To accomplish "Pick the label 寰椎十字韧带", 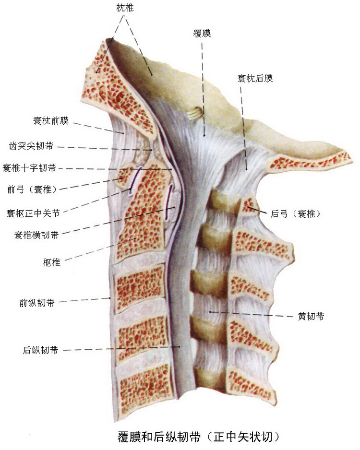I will pos(29,167).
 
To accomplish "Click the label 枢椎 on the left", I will pos(51,262).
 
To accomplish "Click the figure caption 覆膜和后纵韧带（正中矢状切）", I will pos(199,437).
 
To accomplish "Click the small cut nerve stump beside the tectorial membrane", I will pos(194,114).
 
